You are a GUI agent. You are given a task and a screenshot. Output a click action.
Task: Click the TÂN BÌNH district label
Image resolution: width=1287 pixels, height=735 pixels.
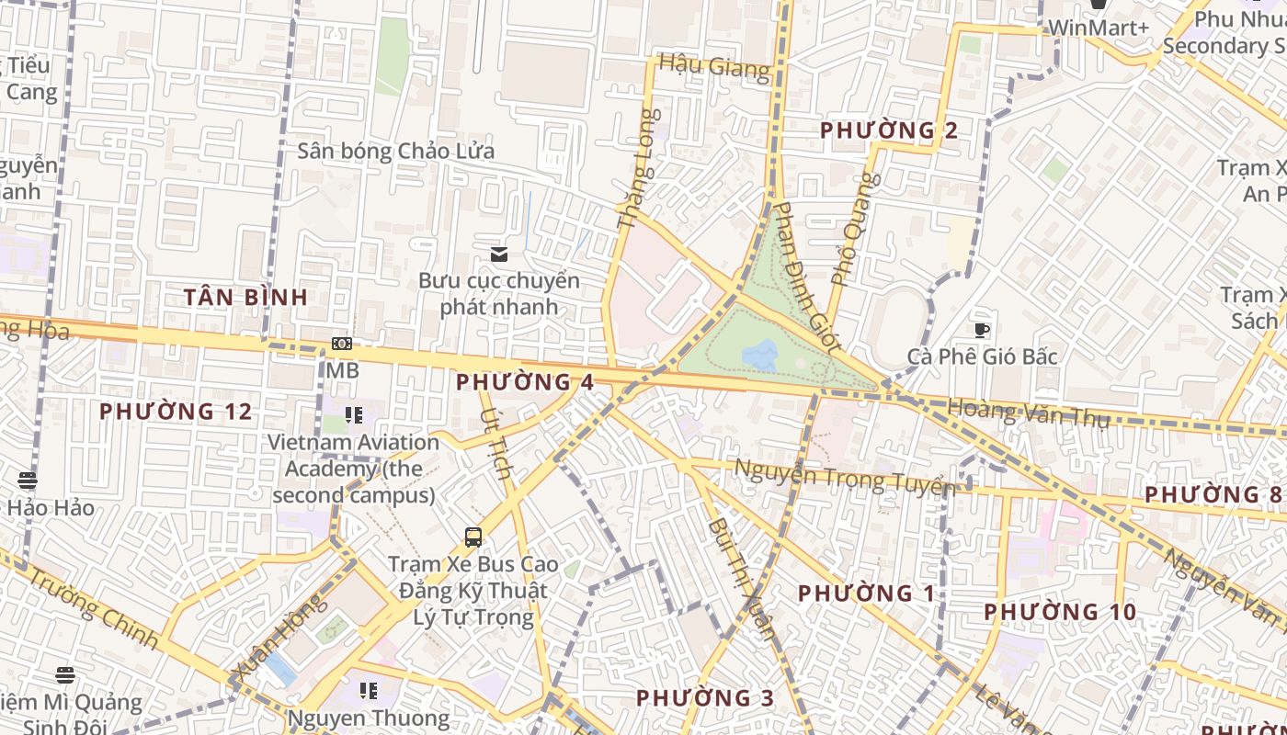[x=245, y=297]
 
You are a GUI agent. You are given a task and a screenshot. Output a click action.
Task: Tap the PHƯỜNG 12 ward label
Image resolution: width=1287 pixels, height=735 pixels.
[x=176, y=412]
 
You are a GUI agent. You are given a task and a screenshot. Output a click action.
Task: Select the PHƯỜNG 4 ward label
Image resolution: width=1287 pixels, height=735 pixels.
[x=525, y=382]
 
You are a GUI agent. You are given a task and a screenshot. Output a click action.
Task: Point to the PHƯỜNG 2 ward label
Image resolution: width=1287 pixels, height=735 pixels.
[x=889, y=130]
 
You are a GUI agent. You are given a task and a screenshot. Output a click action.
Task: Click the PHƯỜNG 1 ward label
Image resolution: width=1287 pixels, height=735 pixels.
[x=867, y=594]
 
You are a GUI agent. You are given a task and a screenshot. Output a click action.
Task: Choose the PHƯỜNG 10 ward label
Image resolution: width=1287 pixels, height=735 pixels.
[x=1060, y=612]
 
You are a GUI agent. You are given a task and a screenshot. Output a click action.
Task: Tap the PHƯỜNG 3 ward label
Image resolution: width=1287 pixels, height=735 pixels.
[x=705, y=698]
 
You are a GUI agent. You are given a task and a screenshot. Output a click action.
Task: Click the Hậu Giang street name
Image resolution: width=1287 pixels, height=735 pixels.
[x=714, y=67]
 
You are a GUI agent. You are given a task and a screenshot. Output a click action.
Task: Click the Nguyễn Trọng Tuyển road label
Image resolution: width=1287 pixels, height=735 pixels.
[x=844, y=477]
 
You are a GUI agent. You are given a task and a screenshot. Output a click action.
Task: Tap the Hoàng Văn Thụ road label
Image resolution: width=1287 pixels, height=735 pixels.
[x=1028, y=412]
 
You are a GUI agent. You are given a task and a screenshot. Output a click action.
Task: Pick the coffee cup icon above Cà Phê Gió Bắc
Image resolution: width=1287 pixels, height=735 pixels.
[x=982, y=330]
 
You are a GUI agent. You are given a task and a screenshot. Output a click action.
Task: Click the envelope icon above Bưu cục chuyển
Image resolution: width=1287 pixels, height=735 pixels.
[x=499, y=254]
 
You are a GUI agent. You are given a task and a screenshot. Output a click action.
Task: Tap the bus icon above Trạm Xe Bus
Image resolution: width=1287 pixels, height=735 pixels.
[x=473, y=537]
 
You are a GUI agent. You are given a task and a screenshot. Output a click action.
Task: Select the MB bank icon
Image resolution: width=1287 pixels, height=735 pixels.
[x=342, y=344]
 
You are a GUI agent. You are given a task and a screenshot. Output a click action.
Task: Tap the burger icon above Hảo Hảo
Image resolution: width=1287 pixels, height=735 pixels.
[x=28, y=480]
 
